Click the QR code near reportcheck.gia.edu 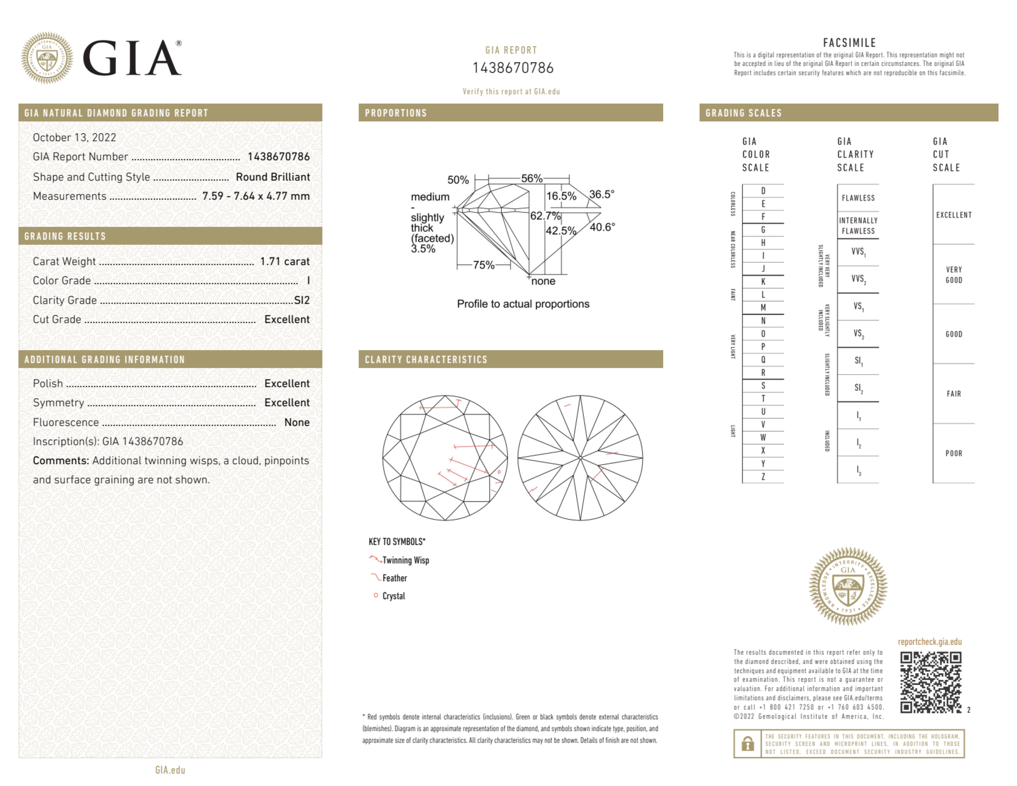coord(930,682)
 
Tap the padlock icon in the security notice coord(747,744)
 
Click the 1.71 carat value coord(285,261)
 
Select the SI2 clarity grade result coord(302,300)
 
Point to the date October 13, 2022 coord(74,137)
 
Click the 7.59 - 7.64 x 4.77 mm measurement coord(256,196)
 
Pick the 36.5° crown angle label coord(602,194)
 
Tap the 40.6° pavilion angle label coord(602,227)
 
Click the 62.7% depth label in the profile coord(545,216)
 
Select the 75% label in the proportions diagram coord(483,265)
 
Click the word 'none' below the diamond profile coord(543,281)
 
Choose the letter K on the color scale coord(763,282)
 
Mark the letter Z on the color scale coord(763,476)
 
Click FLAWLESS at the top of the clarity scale coord(858,198)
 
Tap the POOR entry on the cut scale coord(953,453)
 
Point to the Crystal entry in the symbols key coord(393,596)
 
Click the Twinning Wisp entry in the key coord(406,560)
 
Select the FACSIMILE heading coord(849,43)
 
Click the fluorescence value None coord(297,422)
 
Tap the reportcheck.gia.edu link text coord(930,642)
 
